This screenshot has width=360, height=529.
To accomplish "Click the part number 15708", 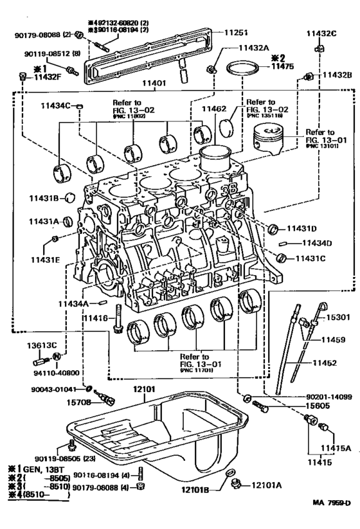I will (x=84, y=402).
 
